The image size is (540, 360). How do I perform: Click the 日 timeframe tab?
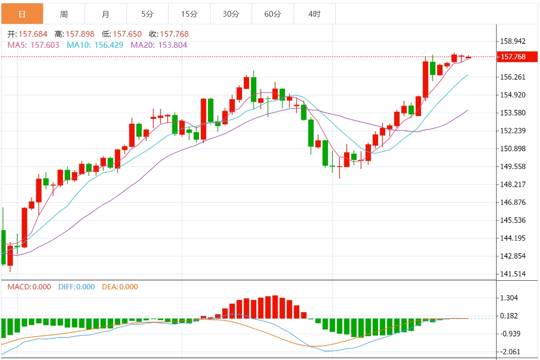coord(22,14)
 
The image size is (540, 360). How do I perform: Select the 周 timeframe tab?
coord(64,14)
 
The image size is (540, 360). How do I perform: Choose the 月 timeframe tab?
coord(106,14)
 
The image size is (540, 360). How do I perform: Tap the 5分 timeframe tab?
coord(147,14)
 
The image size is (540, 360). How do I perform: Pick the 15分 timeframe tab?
coord(189,14)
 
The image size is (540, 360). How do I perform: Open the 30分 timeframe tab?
coord(231,14)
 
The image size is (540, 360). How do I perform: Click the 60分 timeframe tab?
coord(273,14)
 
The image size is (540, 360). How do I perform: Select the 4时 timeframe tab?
coord(314,14)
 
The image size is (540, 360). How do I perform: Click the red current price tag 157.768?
coord(514,57)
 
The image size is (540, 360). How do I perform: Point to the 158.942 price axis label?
coord(512,41)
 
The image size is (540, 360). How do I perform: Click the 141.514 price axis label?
coord(512,274)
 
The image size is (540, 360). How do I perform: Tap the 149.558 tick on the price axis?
coord(512,167)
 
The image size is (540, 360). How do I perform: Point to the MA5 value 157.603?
coord(45,45)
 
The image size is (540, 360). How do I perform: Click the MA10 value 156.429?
coord(108,45)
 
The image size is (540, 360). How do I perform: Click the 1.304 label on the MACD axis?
coord(509,298)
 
